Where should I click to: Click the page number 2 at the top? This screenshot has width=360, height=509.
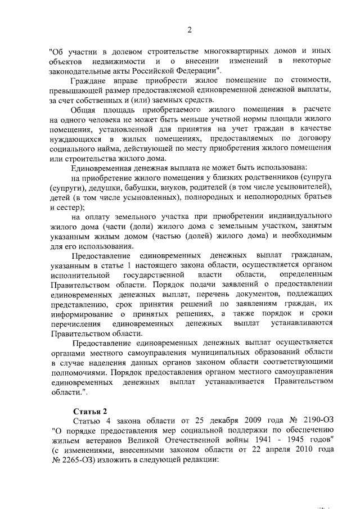[x=190, y=30]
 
